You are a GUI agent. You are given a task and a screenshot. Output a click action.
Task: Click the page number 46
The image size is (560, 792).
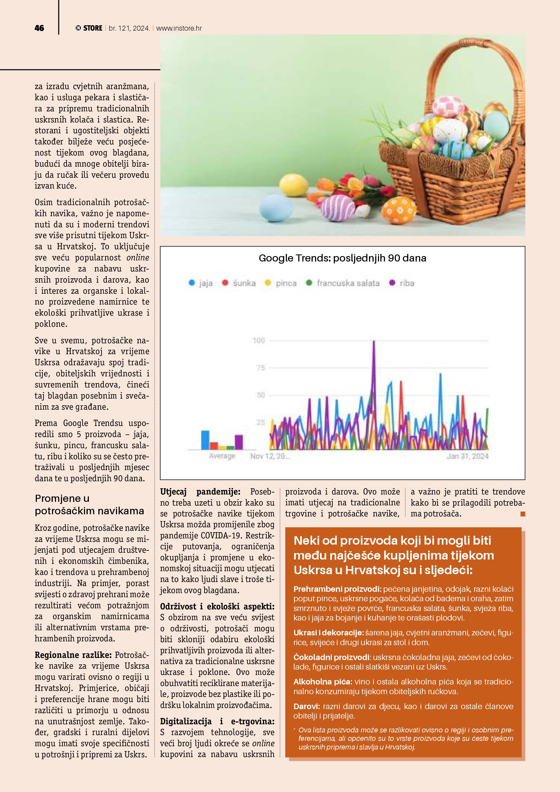click(39, 28)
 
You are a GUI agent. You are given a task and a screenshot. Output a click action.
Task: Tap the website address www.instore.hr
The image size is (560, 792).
click(179, 28)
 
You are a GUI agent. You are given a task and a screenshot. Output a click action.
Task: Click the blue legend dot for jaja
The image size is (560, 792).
click(192, 283)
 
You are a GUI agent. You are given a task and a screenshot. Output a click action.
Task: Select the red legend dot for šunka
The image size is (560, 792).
click(225, 283)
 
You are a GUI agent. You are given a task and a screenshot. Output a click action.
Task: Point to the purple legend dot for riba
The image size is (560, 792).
click(392, 283)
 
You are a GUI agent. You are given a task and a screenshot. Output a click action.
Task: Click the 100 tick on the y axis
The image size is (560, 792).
click(259, 341)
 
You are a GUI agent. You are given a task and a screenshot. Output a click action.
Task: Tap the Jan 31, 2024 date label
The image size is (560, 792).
click(468, 456)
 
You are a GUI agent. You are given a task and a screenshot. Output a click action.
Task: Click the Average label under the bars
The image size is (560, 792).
click(222, 456)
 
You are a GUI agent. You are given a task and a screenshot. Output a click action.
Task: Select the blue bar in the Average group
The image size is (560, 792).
click(205, 440)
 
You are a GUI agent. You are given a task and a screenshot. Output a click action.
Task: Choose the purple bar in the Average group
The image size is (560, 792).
click(239, 442)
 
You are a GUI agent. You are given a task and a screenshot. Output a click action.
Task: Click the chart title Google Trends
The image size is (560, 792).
click(342, 258)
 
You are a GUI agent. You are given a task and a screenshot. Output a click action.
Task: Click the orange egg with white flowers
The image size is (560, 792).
click(399, 210)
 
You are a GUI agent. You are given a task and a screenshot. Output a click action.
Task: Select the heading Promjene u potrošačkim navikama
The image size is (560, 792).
click(89, 504)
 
